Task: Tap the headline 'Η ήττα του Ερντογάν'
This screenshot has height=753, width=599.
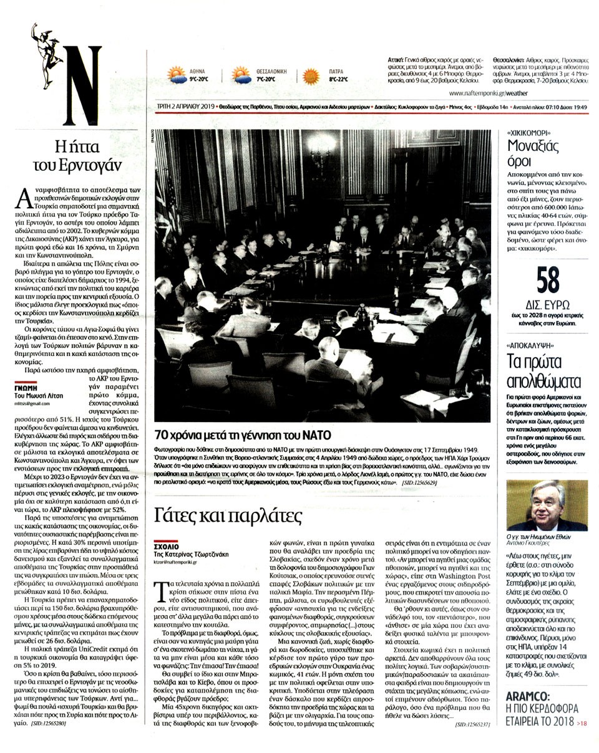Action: click(x=77, y=155)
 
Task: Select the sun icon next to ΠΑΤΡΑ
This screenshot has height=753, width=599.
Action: click(x=311, y=76)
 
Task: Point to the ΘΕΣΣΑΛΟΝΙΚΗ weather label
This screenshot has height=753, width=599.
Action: click(x=271, y=71)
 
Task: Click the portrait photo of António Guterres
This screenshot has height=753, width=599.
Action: click(x=547, y=505)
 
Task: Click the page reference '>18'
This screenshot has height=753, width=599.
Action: click(x=582, y=724)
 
